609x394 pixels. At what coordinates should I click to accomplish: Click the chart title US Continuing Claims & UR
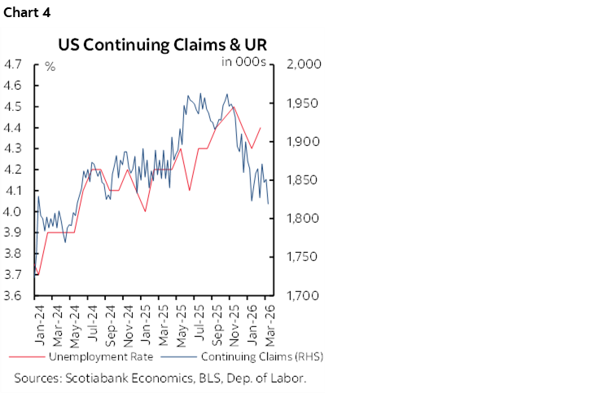[x=162, y=44]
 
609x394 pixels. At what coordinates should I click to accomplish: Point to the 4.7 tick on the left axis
[x=15, y=64]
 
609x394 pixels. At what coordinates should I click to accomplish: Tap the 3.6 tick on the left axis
[x=15, y=296]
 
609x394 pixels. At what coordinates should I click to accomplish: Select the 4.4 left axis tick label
[x=15, y=128]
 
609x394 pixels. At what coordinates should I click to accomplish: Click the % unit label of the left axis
[x=50, y=66]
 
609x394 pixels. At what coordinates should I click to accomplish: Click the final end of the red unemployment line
[x=261, y=127]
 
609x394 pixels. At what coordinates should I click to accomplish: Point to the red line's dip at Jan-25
[x=145, y=211]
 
